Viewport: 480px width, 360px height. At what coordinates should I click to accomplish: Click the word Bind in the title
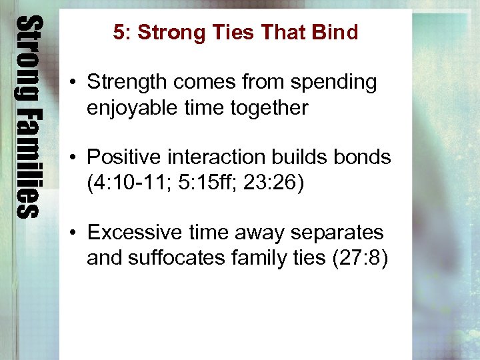pyautogui.click(x=336, y=32)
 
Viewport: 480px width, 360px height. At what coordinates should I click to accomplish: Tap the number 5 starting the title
pyautogui.click(x=118, y=32)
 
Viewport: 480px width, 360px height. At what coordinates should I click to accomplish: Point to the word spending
pyautogui.click(x=337, y=83)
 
